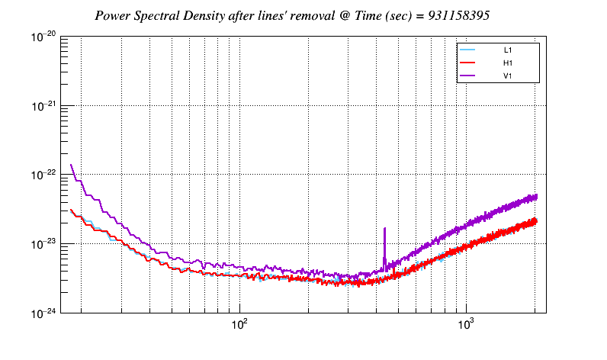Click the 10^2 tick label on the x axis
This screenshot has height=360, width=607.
pos(239,324)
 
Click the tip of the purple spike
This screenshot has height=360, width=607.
pos(384,228)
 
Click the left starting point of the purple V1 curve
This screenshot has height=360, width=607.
pos(71,165)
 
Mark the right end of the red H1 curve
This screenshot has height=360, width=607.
pos(537,220)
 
